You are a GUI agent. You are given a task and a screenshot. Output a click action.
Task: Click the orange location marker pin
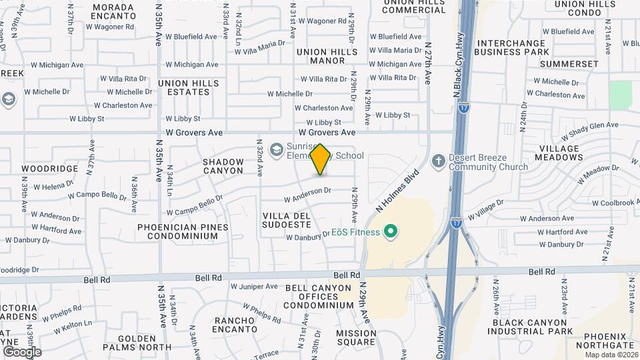[321, 159]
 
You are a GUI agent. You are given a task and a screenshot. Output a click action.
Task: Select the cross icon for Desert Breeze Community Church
[438, 161]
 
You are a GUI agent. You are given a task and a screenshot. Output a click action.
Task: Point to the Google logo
[22, 351]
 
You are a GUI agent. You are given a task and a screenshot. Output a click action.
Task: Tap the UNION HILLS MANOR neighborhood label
[327, 56]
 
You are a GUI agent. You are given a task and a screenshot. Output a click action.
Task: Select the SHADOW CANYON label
[223, 166]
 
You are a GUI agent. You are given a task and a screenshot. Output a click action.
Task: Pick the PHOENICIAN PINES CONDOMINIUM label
[183, 231]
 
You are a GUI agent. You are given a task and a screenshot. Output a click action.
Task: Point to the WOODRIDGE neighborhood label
[50, 169]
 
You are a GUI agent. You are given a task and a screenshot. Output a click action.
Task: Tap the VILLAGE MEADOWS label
[561, 153]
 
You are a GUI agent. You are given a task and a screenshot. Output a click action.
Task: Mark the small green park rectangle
[620, 94]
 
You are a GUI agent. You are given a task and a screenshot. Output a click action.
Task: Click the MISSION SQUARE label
[356, 337]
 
